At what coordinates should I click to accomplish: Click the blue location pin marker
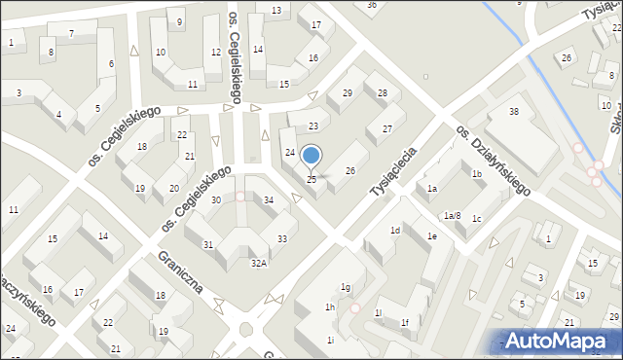(311, 156)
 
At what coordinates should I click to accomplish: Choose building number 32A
(259, 263)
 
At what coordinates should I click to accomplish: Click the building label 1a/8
(451, 216)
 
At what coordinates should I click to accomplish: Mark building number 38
(514, 112)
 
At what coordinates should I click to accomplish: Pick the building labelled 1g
(345, 287)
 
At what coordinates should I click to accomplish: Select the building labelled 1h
(330, 307)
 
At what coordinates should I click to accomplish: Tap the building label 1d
(395, 231)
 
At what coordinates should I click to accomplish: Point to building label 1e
(431, 236)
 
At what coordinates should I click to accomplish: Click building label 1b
(476, 174)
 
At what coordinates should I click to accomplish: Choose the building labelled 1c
(476, 219)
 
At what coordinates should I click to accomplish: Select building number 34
(269, 199)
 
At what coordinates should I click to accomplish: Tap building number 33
(281, 238)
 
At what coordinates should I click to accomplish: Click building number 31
(207, 244)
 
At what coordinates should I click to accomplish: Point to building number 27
(386, 128)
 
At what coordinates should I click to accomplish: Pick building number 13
(276, 11)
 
